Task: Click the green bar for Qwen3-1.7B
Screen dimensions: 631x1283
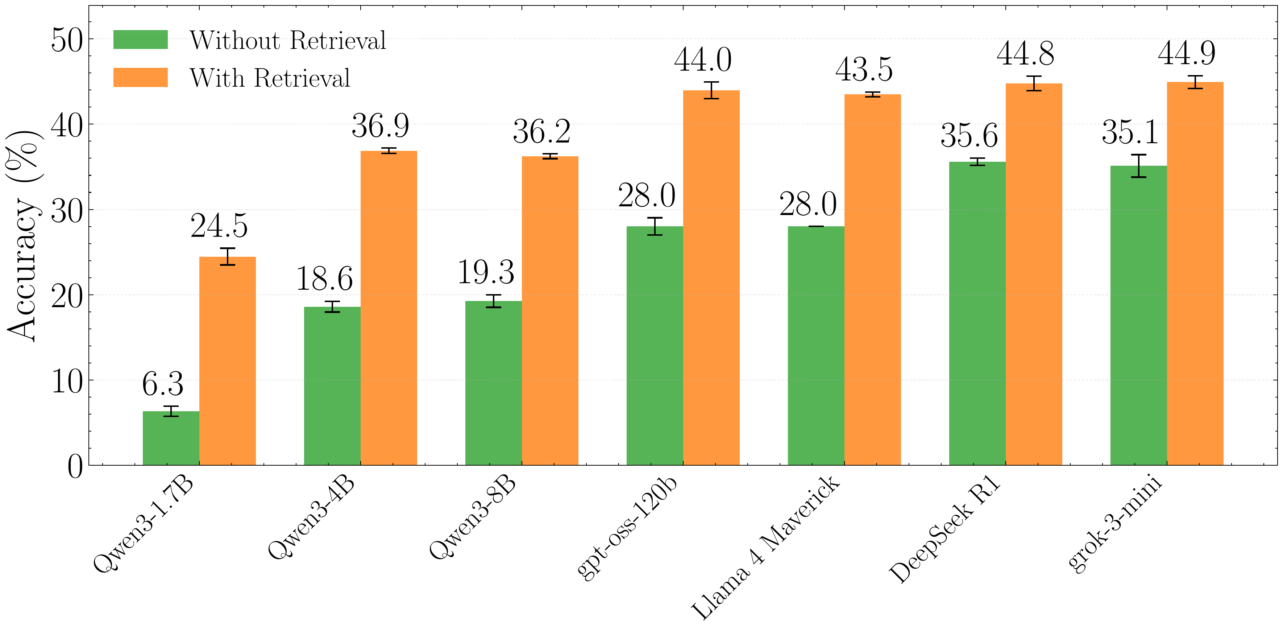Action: [x=171, y=438]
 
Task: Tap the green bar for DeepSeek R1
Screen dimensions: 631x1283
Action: [x=977, y=314]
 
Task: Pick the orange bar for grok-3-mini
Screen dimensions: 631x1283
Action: [x=1195, y=274]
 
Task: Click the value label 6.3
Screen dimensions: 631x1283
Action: [x=162, y=384]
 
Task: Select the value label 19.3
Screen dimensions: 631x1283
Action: [x=486, y=273]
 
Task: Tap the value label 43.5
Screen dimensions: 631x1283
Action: [x=864, y=69]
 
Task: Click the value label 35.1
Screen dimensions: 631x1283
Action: [x=1130, y=133]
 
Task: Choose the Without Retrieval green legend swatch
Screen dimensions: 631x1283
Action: [x=141, y=40]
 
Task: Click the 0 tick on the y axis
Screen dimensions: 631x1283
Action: [x=75, y=466]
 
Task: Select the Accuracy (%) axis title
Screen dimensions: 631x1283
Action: [x=22, y=236]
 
